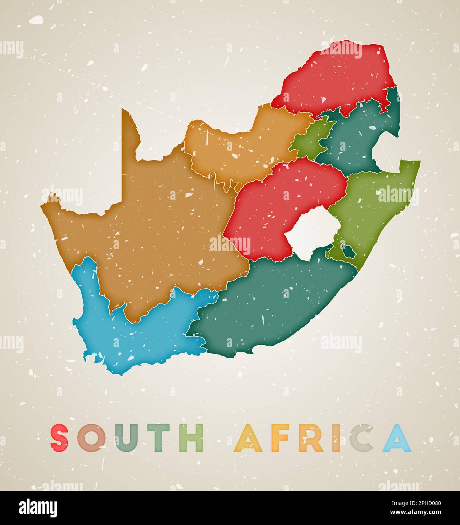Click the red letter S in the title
coord(60,438)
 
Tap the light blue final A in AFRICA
coord(397,438)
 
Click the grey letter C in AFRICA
coord(361,438)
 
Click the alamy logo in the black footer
coord(38,508)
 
